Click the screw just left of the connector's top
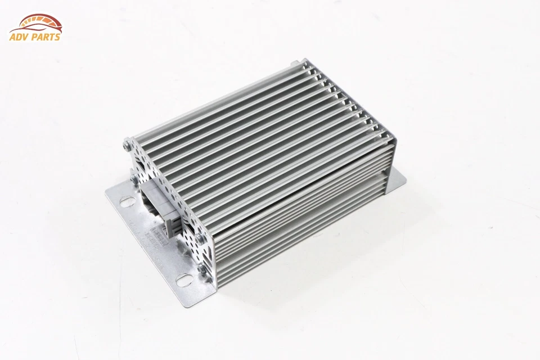click(134, 179)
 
